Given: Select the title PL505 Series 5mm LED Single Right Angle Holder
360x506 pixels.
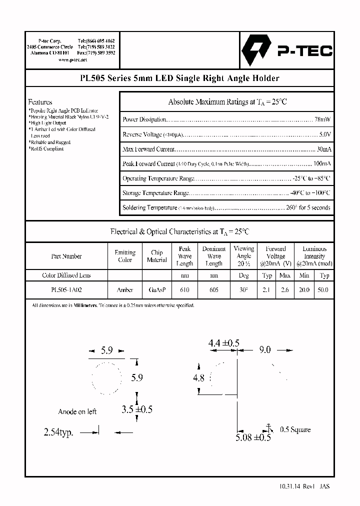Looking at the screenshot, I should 179,78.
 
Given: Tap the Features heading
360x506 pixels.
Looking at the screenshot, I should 40,102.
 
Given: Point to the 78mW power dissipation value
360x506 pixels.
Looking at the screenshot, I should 322,119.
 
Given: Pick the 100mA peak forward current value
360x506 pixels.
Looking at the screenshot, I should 322,163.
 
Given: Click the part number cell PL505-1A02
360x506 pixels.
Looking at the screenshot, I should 66,289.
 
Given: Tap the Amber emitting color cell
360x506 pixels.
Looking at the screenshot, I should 125,289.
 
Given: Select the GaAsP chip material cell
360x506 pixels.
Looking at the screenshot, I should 156,289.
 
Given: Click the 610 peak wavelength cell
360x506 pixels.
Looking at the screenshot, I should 184,289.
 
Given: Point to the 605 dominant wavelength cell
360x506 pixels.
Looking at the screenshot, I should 213,289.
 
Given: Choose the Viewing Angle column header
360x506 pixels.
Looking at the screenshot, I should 244,255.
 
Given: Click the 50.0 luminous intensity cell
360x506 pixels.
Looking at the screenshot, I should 324,289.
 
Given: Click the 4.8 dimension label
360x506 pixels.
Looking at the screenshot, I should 198,378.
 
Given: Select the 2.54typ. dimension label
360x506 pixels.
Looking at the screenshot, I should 58,433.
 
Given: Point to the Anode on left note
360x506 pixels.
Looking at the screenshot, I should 77,411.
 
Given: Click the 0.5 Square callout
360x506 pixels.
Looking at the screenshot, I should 295,429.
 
